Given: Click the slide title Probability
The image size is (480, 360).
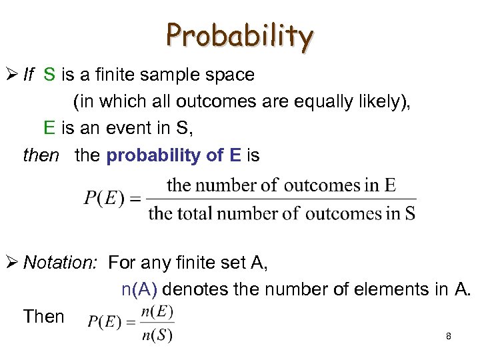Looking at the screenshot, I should tap(239, 36).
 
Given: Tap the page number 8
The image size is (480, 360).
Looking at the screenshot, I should tap(449, 337).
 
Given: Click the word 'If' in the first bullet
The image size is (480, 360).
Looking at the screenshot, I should tap(29, 75).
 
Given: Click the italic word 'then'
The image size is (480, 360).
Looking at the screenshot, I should tap(41, 156).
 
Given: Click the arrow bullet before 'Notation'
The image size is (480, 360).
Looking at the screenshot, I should tap(13, 263).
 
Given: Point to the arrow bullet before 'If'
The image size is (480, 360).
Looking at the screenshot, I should tap(13, 75).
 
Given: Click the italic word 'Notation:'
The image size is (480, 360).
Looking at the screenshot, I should tap(61, 263).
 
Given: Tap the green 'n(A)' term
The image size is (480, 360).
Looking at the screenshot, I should tap(139, 290).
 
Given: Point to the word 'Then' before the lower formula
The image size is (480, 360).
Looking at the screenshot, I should tap(43, 317).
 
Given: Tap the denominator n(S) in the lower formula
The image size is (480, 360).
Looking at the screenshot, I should tap(157, 335).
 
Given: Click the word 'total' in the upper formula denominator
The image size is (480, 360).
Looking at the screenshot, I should tap(201, 214).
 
